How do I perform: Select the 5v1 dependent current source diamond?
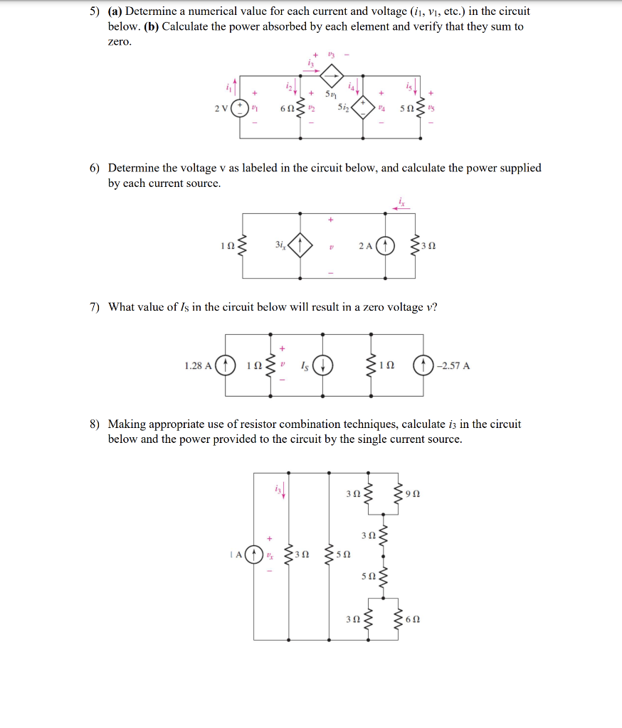(332, 74)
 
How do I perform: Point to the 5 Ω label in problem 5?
(406, 108)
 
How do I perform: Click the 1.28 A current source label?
(197, 366)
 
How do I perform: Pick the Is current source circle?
(322, 366)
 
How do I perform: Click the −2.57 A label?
(455, 366)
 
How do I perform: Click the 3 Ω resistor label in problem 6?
(429, 247)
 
